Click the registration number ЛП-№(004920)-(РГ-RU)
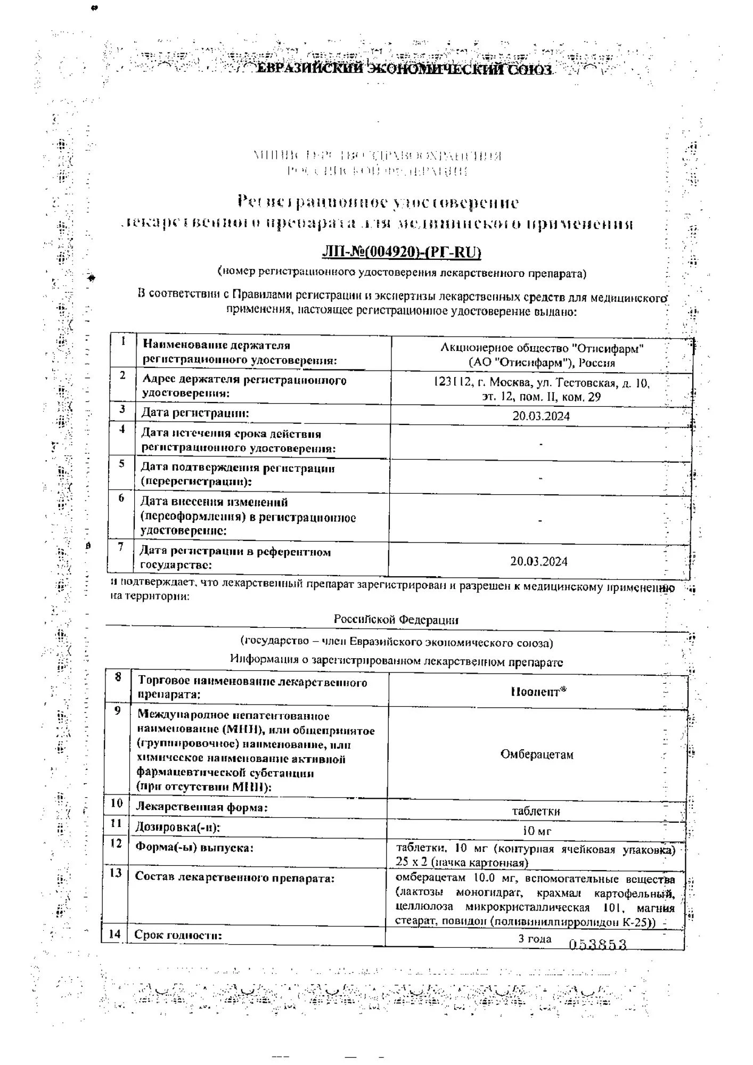click(x=402, y=252)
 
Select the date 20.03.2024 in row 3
click(x=541, y=416)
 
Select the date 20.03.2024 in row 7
click(x=539, y=561)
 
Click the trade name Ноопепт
click(x=538, y=692)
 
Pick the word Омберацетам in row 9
click(x=537, y=755)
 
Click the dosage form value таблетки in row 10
click(x=536, y=811)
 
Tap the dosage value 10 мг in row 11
click(x=536, y=831)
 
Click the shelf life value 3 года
click(x=535, y=938)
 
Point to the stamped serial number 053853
click(x=598, y=945)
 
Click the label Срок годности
click(x=178, y=935)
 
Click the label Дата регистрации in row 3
click(x=195, y=413)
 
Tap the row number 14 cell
click(x=114, y=934)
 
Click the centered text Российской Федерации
click(x=396, y=620)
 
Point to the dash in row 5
click(x=541, y=478)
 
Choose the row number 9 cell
click(x=117, y=711)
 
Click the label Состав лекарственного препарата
click(x=234, y=878)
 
